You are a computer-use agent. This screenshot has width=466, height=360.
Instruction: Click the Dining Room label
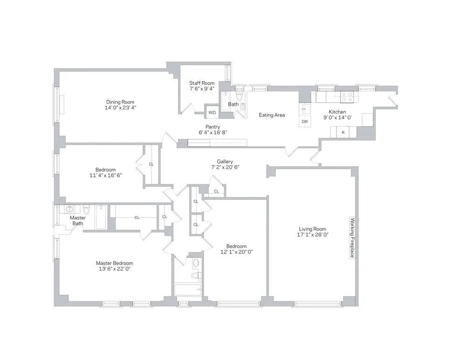(x=120, y=102)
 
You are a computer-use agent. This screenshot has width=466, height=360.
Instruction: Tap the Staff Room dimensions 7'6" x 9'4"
(x=202, y=88)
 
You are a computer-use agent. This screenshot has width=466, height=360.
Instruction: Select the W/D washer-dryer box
(x=212, y=113)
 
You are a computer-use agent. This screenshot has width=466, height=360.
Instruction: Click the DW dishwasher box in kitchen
(x=305, y=122)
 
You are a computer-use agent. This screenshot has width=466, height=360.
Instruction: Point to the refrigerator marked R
(x=343, y=133)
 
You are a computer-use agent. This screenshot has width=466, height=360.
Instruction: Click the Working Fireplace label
(x=352, y=239)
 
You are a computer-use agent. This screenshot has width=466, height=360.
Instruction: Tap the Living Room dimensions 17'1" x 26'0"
(x=312, y=235)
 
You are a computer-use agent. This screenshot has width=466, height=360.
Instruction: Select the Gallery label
(x=225, y=162)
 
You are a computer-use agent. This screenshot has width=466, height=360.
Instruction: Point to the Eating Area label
(x=272, y=115)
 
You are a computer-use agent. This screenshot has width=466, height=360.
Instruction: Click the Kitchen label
(x=337, y=112)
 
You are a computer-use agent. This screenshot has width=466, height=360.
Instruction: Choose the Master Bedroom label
(x=114, y=263)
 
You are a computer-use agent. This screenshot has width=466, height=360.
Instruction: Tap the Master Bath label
(x=78, y=221)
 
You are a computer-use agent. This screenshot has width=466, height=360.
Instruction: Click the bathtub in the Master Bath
(x=102, y=218)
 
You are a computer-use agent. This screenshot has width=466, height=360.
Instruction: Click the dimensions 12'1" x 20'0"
(x=236, y=252)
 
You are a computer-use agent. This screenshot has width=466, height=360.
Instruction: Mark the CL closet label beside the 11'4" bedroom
(x=151, y=164)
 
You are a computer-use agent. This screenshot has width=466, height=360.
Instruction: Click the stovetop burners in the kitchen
(x=347, y=97)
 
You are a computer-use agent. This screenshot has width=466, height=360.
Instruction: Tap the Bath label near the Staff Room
(x=233, y=104)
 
